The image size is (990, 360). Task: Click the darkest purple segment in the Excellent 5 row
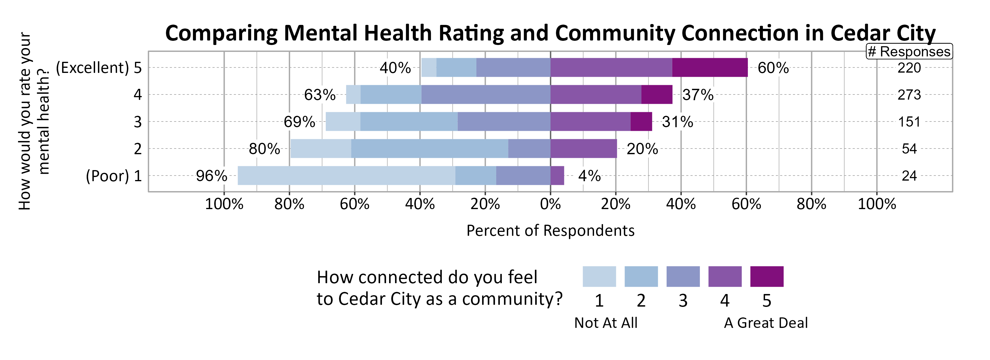709,67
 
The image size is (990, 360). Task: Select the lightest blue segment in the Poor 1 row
346,175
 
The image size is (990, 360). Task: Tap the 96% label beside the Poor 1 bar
211,176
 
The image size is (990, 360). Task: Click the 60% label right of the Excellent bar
773,68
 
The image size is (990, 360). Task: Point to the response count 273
909,95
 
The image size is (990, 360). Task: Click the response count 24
909,176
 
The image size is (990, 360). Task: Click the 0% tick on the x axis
550,204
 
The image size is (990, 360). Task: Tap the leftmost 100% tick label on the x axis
224,204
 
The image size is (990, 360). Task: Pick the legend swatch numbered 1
599,276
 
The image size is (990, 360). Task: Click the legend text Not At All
606,323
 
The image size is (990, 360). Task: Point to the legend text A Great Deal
766,323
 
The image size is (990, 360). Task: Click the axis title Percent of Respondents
550,230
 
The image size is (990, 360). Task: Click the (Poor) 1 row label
114,176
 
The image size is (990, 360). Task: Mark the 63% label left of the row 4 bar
319,95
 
